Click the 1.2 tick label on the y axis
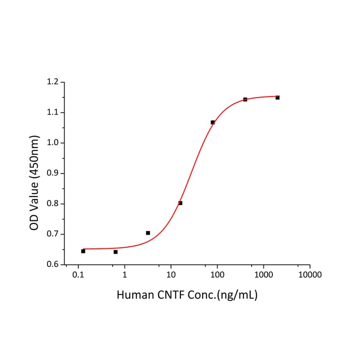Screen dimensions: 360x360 click(x=53, y=82)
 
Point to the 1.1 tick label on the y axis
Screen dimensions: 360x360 click(x=53, y=113)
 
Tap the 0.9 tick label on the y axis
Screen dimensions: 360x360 click(x=53, y=173)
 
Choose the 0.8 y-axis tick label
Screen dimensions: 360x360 click(x=53, y=204)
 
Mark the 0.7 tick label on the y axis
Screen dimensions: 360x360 click(x=53, y=234)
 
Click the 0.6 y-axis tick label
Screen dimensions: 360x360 click(x=53, y=265)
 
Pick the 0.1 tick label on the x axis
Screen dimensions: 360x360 click(x=78, y=275)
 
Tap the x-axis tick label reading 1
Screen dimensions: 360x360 click(x=125, y=275)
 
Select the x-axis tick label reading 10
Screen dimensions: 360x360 click(x=171, y=275)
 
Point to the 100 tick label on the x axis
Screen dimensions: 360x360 click(x=217, y=275)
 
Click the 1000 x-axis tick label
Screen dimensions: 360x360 click(x=263, y=275)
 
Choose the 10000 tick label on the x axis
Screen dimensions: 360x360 click(x=310, y=275)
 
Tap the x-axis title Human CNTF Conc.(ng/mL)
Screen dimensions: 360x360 click(x=187, y=295)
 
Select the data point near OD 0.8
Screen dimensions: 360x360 click(x=180, y=203)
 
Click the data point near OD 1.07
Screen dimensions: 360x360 click(x=213, y=123)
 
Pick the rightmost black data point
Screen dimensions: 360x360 click(x=278, y=98)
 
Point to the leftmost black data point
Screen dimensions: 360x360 click(x=83, y=251)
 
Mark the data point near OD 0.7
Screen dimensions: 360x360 click(x=148, y=233)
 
